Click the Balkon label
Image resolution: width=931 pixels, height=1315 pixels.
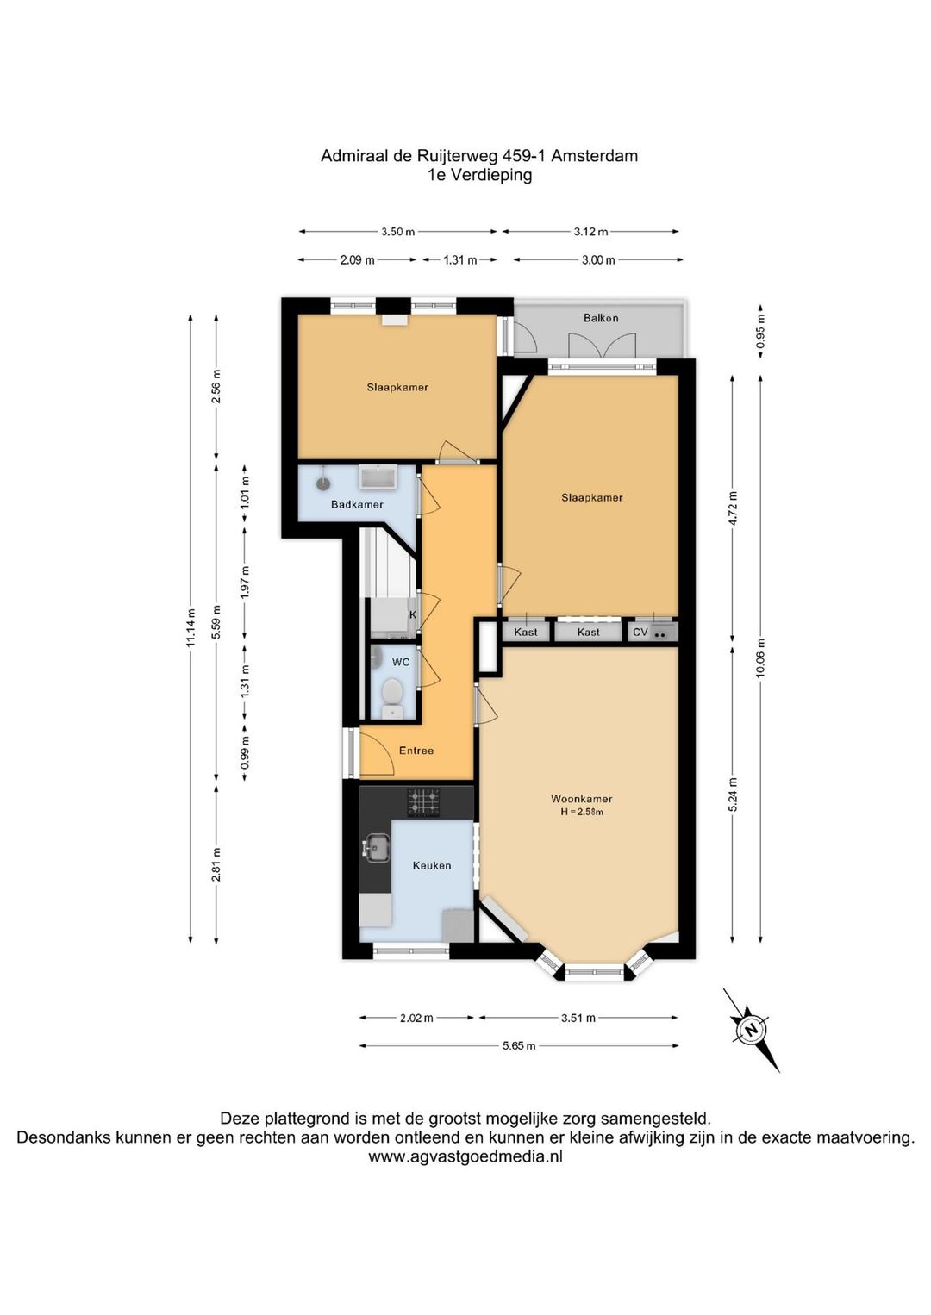click(600, 318)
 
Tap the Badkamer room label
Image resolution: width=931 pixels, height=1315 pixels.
click(357, 504)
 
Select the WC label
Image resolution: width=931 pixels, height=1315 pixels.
click(401, 662)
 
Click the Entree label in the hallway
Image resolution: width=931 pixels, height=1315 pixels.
click(416, 751)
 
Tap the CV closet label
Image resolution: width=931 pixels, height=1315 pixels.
click(640, 633)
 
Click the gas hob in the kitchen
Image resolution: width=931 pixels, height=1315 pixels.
click(423, 802)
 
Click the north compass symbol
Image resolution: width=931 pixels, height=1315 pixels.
click(751, 1030)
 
